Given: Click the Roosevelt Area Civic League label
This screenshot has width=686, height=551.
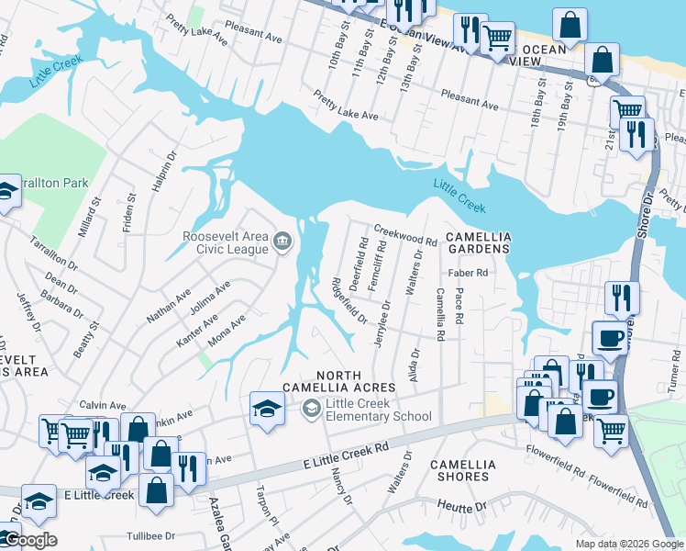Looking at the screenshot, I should pos(226,243).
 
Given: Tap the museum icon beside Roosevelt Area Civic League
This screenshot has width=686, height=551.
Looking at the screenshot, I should pos(282,242).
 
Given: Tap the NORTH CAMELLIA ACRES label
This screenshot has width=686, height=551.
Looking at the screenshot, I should pos(356,380).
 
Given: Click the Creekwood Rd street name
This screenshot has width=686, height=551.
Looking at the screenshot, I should pos(404,236).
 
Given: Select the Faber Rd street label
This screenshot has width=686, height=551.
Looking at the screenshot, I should pos(468,273).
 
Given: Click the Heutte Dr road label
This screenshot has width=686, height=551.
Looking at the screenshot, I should pos(460,506).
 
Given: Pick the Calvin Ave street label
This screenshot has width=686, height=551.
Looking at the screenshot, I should pos(103,405).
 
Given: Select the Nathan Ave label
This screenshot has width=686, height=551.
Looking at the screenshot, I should pos(170,307).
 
